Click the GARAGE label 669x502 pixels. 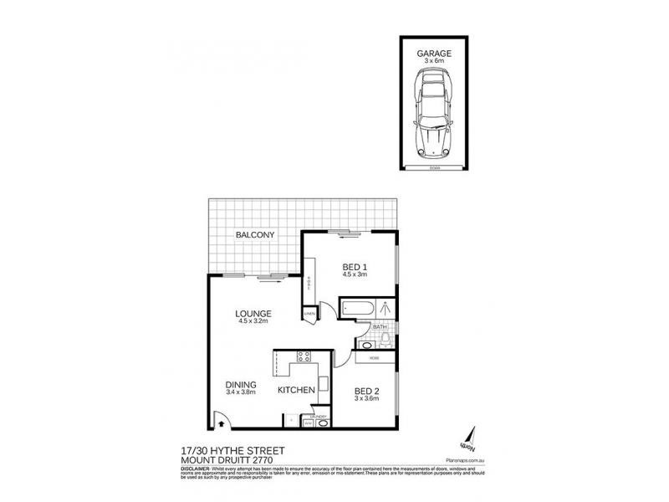433,52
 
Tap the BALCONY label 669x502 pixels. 255,235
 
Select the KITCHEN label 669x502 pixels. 297,390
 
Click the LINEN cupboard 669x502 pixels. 309,314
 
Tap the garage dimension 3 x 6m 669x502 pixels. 433,60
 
